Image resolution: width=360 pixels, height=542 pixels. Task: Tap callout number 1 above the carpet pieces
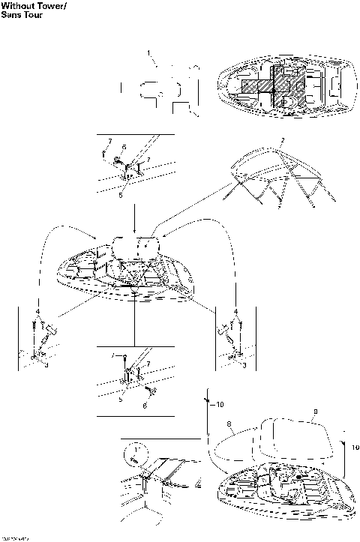pyautogui.click(x=148, y=52)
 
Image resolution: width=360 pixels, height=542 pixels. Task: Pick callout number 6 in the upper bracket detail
pyautogui.click(x=124, y=147)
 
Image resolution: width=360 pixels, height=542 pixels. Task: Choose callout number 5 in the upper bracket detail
pyautogui.click(x=121, y=194)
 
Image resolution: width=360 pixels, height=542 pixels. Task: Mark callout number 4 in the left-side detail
pyautogui.click(x=36, y=310)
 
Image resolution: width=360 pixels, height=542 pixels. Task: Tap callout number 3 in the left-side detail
pyautogui.click(x=46, y=365)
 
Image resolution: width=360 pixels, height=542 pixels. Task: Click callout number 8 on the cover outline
pyautogui.click(x=227, y=424)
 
